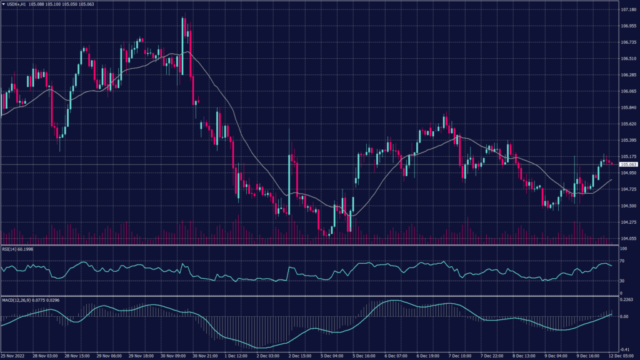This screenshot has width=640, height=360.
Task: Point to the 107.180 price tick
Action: (627, 10)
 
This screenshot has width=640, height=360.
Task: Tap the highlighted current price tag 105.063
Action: (627, 164)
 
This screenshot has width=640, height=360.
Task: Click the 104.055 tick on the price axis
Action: (627, 238)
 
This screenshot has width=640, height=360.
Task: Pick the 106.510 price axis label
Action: (627, 59)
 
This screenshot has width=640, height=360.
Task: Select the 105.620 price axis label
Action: (627, 124)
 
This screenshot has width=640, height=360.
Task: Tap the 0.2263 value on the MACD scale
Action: (626, 299)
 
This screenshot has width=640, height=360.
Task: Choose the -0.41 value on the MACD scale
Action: (624, 349)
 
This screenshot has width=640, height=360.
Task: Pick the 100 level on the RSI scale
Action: (623, 249)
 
